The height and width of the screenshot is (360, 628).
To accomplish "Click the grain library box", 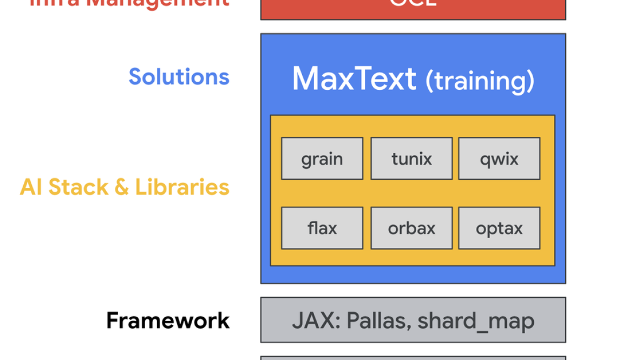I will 322,159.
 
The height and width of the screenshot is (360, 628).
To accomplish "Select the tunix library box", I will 411,159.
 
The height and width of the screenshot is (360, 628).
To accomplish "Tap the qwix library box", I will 499,159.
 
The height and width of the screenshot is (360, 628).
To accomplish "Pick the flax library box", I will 322,228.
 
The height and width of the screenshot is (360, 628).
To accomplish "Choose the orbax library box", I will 411,228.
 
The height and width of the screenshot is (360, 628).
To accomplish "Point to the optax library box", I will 499,228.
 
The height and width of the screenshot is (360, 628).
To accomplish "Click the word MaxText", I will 354,78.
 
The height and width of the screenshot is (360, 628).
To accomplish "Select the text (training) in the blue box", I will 480,81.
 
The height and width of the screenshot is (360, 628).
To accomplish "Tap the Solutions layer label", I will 179,77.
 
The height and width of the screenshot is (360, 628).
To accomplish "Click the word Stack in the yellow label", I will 78,187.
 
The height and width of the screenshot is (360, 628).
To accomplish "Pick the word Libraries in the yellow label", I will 182,187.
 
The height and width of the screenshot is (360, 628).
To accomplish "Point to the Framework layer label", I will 168,320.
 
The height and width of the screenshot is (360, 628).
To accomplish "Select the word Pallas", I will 377,320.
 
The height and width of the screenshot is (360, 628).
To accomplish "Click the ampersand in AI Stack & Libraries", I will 121,187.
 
